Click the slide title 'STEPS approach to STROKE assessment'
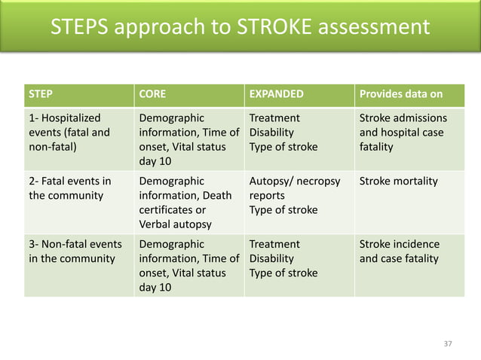240,27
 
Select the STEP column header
41,95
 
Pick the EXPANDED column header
276,95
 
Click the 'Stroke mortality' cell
398,182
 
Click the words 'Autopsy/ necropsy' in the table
294,182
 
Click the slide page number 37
448,343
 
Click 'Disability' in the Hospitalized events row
272,133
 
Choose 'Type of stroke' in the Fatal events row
283,210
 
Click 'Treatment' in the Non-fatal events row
274,245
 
